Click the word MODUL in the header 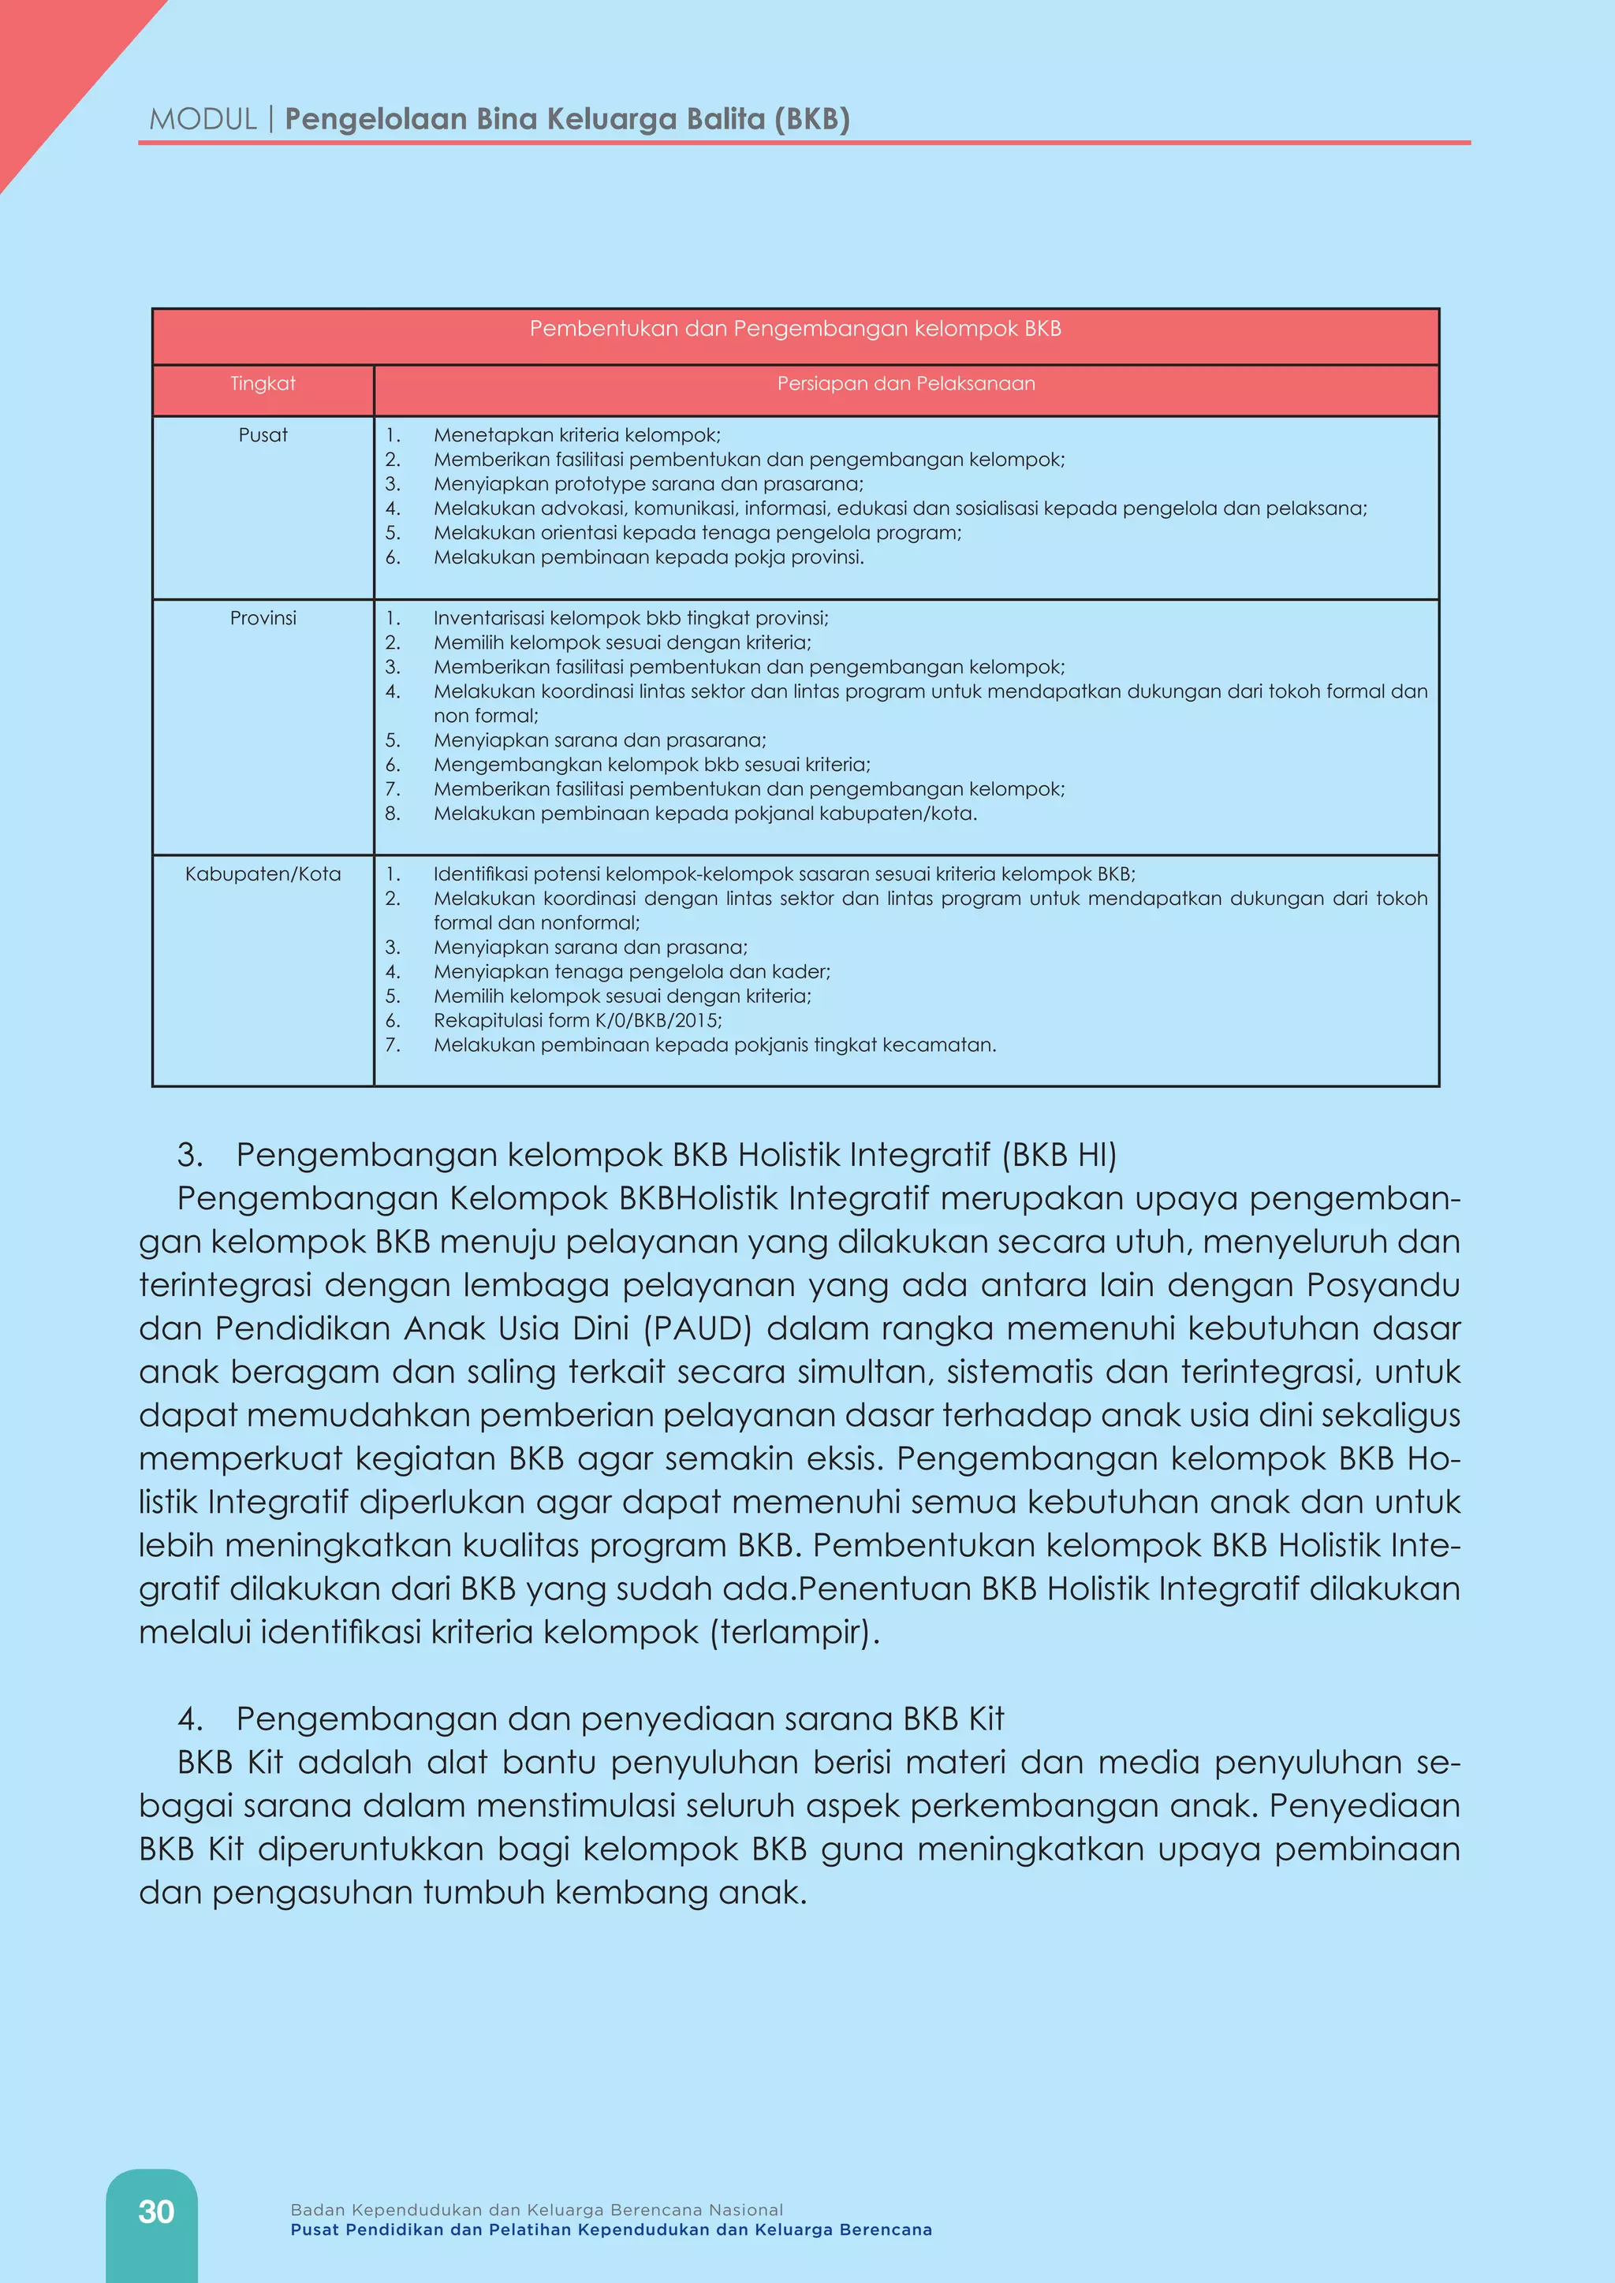pos(203,119)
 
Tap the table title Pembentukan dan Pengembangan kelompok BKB pos(795,329)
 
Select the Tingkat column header pos(263,384)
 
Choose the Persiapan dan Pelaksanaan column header pos(906,384)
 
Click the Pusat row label pos(263,435)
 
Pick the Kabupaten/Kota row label pos(263,874)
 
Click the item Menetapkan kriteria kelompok pos(576,435)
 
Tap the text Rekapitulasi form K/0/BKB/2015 pos(576,1020)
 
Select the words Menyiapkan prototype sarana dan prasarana pos(648,484)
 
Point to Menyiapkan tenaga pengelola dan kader pos(632,971)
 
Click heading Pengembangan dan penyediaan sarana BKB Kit pos(620,1719)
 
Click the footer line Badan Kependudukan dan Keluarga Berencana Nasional pos(536,2210)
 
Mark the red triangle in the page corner pos(50,60)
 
